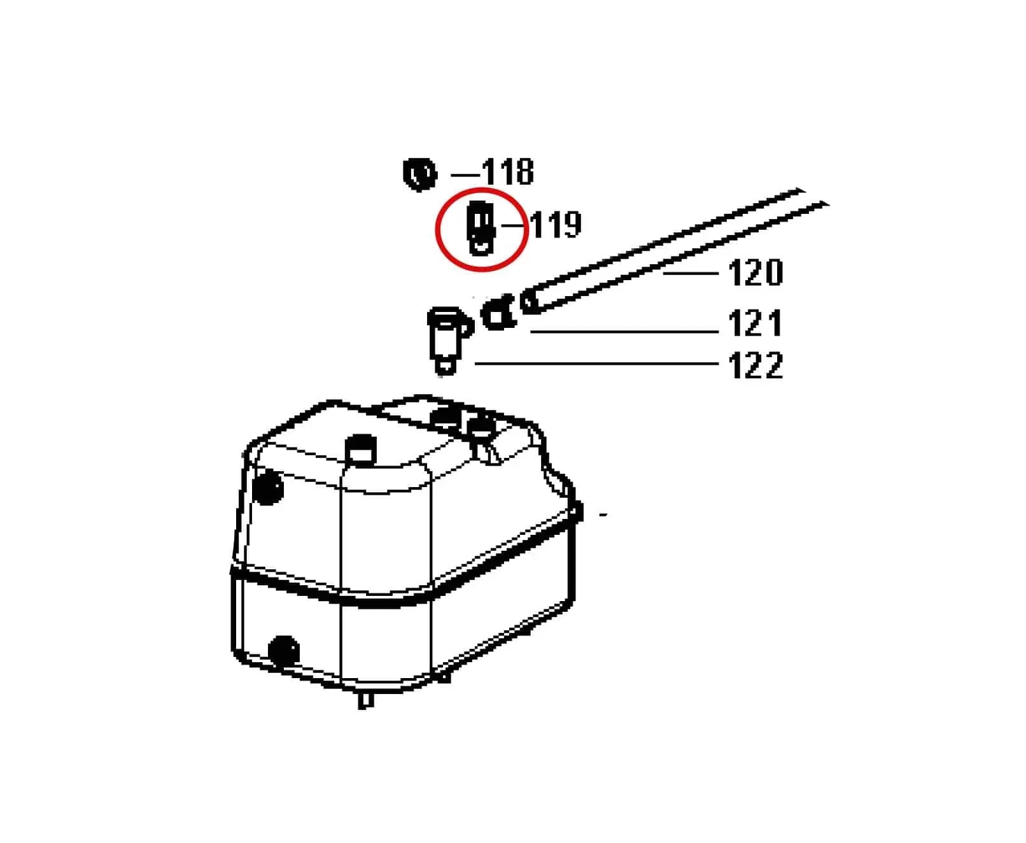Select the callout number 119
click(555, 224)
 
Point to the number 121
click(755, 323)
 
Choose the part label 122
click(755, 365)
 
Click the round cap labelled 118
click(420, 174)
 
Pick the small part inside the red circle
click(480, 227)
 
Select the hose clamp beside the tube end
click(498, 313)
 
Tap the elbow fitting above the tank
click(449, 340)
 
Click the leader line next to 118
click(465, 175)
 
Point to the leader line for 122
click(596, 363)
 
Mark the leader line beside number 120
click(691, 273)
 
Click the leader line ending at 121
click(624, 332)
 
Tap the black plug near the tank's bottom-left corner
click(283, 650)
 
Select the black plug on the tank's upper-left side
click(267, 487)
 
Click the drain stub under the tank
click(365, 700)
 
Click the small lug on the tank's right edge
click(577, 511)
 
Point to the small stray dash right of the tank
click(603, 514)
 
